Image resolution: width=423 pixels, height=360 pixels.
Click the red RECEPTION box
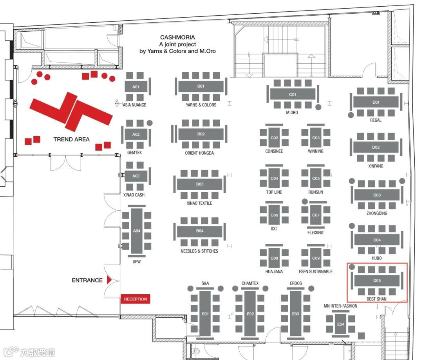135,299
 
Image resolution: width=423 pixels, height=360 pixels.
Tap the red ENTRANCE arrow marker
110,280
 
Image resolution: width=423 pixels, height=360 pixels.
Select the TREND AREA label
71,139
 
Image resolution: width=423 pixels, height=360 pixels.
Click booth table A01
136,86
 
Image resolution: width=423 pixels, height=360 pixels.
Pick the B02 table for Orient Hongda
201,134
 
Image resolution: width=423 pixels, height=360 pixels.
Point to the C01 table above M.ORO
293,94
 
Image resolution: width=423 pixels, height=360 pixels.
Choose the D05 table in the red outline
377,281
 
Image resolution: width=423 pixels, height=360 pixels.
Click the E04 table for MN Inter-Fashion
341,324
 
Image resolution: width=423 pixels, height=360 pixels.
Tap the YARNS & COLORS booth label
201,105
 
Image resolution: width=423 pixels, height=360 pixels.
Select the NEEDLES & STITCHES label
199,251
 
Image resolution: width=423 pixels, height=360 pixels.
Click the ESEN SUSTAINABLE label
316,272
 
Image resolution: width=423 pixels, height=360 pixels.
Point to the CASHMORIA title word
177,38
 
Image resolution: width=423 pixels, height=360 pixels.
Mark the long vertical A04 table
137,231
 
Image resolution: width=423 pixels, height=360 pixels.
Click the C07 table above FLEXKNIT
316,215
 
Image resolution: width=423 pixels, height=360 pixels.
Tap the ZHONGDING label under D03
377,213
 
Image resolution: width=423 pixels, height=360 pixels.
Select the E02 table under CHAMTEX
250,313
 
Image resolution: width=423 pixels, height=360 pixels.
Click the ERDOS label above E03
296,283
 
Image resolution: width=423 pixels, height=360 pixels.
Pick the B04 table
200,231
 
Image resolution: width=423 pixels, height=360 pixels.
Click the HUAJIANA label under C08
274,272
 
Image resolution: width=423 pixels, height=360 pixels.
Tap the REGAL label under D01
376,120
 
